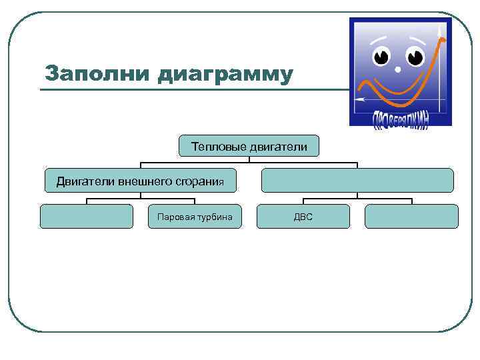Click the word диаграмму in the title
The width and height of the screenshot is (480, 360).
[225, 74]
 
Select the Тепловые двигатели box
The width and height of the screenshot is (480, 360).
[249, 146]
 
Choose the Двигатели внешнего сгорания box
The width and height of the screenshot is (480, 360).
[139, 181]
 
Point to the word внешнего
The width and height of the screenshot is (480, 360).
[143, 181]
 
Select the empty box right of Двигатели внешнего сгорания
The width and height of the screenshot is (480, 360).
[357, 181]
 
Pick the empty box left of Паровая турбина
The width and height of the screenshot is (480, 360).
[87, 217]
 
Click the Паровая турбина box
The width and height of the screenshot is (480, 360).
[195, 217]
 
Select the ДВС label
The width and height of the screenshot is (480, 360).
[303, 217]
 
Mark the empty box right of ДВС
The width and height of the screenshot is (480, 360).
[411, 217]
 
